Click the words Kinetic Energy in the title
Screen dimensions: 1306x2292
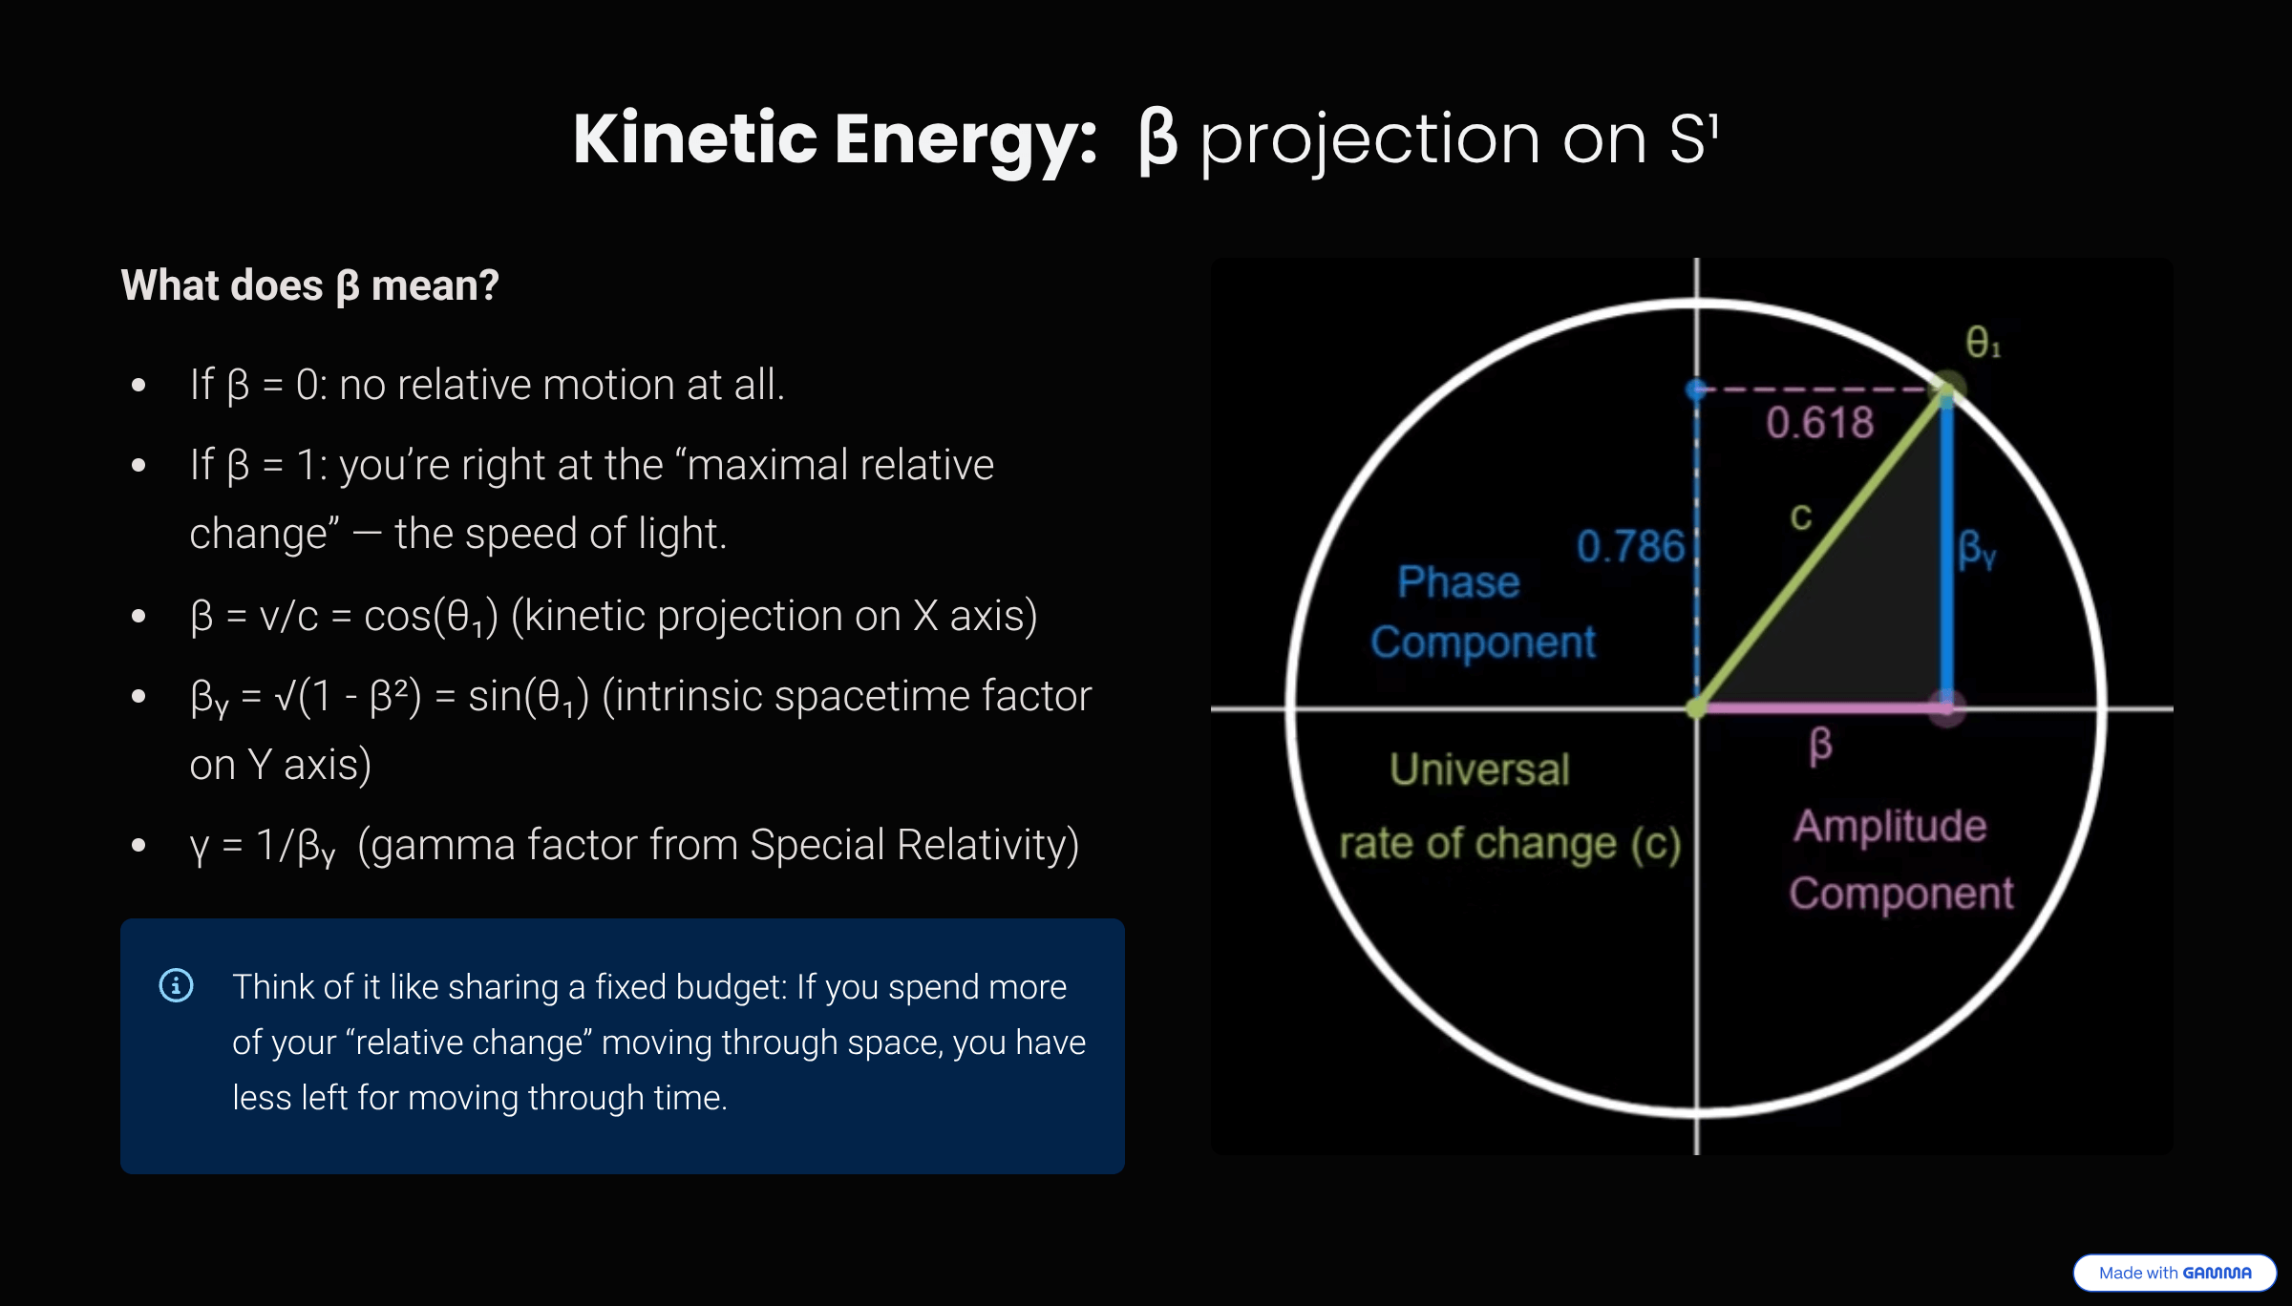[835, 139]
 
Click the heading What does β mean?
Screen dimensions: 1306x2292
[309, 285]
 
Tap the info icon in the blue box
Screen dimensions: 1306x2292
[176, 985]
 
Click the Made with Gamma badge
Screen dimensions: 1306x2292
[2175, 1273]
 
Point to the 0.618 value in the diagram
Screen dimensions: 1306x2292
[1819, 423]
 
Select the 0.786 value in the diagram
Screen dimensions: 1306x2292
[1629, 547]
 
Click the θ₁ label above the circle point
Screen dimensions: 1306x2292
[1983, 342]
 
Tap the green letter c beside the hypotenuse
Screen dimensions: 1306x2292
[1801, 516]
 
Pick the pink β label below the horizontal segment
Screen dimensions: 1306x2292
[1820, 745]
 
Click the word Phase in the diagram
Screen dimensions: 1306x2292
[1458, 582]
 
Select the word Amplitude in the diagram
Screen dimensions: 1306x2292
[1889, 826]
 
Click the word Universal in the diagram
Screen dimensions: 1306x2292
[1479, 769]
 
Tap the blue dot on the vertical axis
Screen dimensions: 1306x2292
[1697, 390]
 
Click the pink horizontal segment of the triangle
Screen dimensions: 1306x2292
[1819, 708]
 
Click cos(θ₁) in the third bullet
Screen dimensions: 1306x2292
[431, 617]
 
